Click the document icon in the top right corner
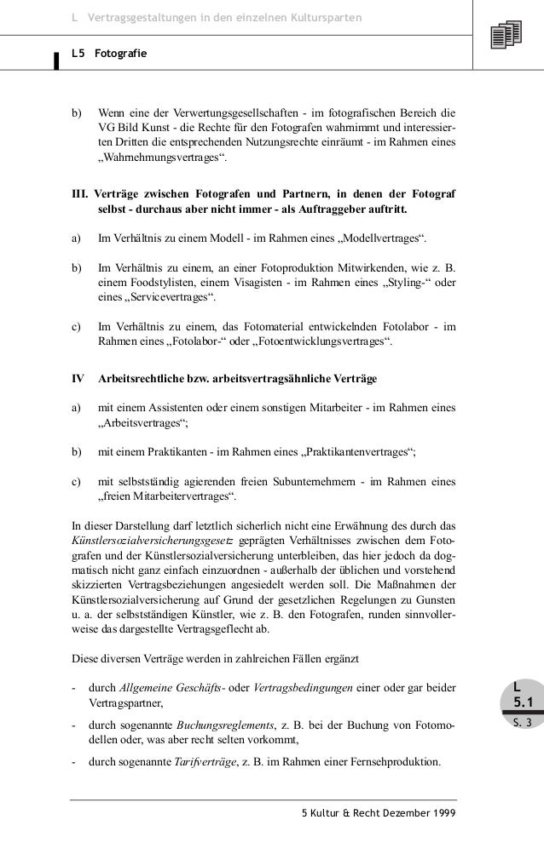coord(506,36)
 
